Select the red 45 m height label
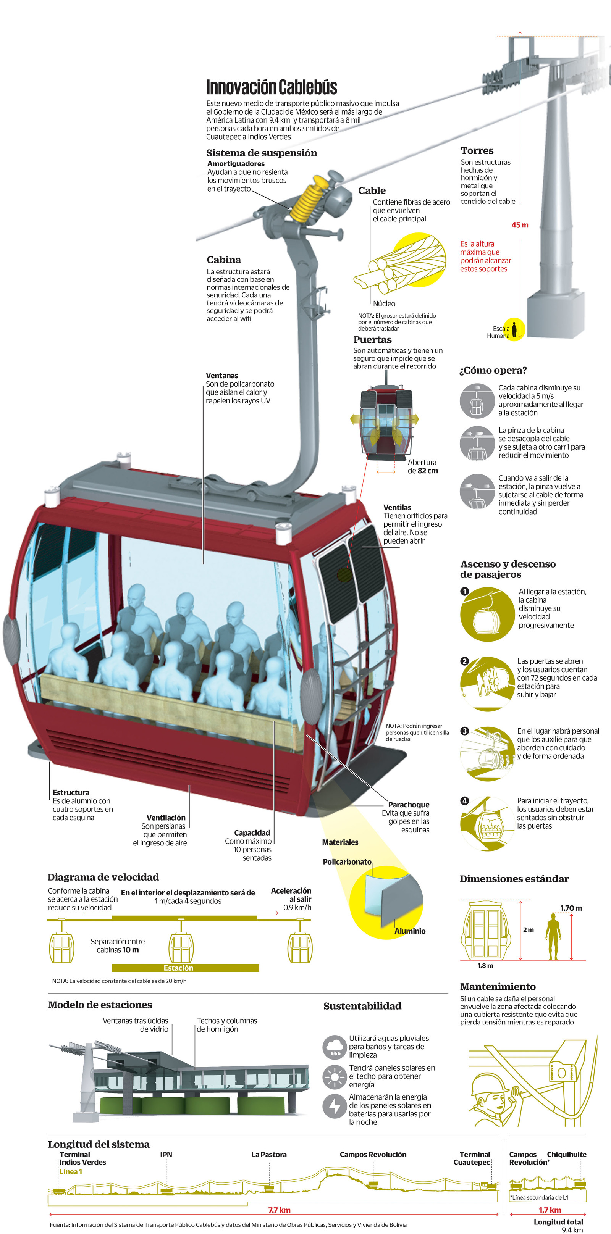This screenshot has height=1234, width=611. pyautogui.click(x=519, y=225)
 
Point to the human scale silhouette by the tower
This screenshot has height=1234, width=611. pyautogui.click(x=514, y=329)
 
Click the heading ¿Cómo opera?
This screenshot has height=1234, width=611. pyautogui.click(x=493, y=370)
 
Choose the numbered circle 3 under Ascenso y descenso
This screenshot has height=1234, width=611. pyautogui.click(x=464, y=731)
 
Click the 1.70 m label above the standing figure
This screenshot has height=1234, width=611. pyautogui.click(x=571, y=908)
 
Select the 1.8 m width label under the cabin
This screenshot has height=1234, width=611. pyautogui.click(x=485, y=966)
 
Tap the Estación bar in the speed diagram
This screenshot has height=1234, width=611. pyautogui.click(x=178, y=968)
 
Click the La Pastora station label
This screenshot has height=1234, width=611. pyautogui.click(x=269, y=1155)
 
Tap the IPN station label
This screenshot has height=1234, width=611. pyautogui.click(x=166, y=1155)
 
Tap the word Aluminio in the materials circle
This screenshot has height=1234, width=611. pyautogui.click(x=410, y=931)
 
